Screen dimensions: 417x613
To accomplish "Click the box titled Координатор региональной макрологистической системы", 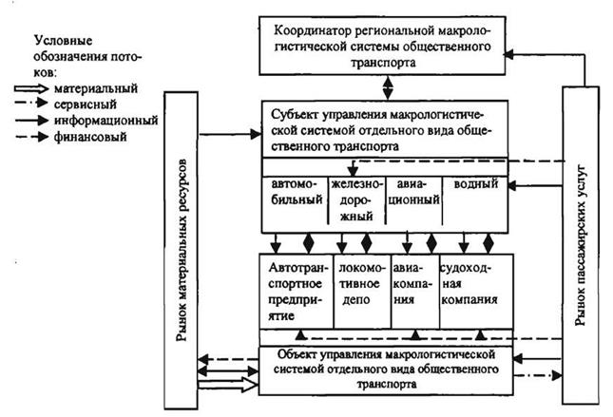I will (x=388, y=45).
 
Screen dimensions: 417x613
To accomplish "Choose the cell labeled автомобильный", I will (x=294, y=197).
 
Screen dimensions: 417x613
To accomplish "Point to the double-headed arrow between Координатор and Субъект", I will (x=387, y=86).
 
